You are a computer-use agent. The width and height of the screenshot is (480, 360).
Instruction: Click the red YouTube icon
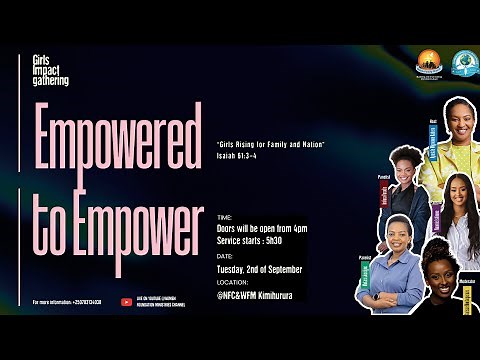click(x=126, y=301)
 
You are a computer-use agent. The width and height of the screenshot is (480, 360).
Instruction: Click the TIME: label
click(x=224, y=214)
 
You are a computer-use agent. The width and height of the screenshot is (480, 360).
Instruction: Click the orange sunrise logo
click(x=429, y=61)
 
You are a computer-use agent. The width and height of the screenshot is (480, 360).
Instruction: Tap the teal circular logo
click(x=463, y=61)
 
